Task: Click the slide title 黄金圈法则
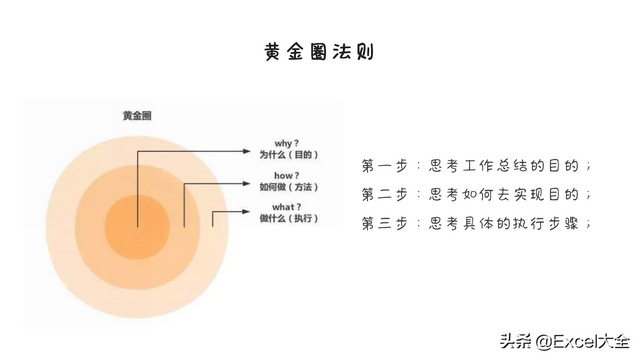coord(319,51)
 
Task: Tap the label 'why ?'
coord(274,142)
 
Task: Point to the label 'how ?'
coord(274,175)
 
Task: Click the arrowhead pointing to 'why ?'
coord(246,152)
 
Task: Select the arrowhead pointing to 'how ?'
coord(246,183)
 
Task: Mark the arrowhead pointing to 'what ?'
coord(246,212)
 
